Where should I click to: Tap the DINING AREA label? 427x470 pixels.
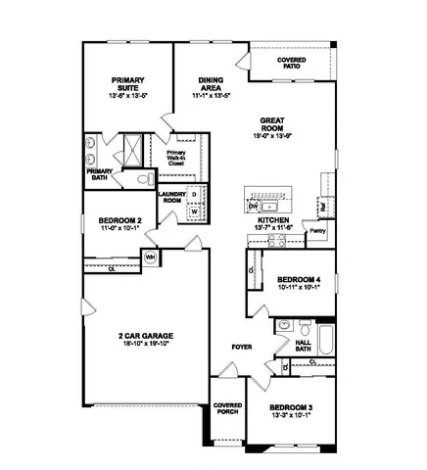212,85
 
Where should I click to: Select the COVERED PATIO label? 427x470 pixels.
291,63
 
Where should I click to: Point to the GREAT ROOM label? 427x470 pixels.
271,124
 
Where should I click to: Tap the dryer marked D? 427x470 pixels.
194,194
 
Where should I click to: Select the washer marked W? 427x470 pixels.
194,211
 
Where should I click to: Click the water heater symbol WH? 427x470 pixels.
151,258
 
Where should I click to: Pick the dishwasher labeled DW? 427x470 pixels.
253,207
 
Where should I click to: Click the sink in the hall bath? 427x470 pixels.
284,323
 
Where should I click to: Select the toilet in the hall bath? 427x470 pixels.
304,325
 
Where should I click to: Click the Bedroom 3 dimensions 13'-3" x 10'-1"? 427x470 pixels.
290,414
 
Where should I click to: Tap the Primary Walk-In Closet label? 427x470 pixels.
176,159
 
